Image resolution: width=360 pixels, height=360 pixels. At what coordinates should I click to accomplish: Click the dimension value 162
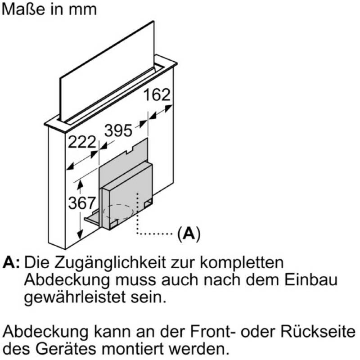(x=157, y=94)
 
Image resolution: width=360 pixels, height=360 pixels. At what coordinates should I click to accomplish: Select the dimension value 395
(x=118, y=130)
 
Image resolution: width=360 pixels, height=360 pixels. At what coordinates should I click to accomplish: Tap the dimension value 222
(x=82, y=142)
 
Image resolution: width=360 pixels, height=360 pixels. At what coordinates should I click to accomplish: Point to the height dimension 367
(x=82, y=203)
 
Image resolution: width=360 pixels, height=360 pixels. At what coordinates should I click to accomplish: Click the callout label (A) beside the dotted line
(x=189, y=234)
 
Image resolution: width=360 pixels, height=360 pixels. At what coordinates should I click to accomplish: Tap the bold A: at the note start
(x=11, y=262)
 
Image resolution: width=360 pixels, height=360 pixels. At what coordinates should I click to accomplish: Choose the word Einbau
(x=311, y=279)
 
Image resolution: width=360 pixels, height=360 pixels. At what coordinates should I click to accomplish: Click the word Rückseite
(x=318, y=332)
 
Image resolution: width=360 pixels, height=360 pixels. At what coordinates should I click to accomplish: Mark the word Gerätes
(x=66, y=349)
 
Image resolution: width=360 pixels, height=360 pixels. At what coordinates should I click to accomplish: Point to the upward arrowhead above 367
(x=80, y=184)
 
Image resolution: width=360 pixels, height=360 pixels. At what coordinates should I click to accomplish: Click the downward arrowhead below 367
(x=80, y=234)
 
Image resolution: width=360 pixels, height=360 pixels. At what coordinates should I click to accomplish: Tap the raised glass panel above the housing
(x=107, y=71)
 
